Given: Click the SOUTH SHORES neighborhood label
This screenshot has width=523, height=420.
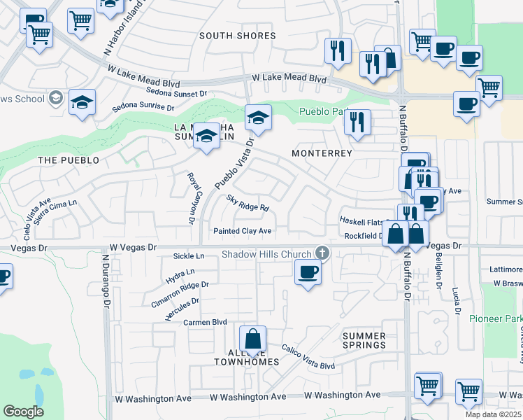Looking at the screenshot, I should click(237, 36).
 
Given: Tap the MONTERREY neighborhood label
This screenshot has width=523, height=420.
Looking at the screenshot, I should click(322, 153).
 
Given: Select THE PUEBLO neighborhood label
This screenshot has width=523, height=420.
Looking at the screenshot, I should click(69, 160).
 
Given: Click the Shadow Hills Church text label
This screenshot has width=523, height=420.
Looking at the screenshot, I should click(267, 254).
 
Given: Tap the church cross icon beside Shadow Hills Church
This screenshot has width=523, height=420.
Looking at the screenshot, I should click(322, 253).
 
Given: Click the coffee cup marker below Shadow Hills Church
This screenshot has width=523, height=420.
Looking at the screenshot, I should click(307, 272).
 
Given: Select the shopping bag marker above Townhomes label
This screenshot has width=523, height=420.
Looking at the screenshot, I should click(253, 339).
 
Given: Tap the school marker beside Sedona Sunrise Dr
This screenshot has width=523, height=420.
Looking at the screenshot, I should click(82, 103).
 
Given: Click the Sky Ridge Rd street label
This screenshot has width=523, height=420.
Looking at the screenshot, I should click(248, 203).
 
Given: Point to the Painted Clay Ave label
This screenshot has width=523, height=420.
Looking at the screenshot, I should click(243, 230).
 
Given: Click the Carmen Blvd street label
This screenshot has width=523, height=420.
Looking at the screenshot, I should click(206, 323).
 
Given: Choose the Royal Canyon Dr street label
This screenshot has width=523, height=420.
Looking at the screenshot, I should click(190, 199).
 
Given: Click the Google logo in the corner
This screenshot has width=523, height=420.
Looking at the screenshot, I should click(23, 412).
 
